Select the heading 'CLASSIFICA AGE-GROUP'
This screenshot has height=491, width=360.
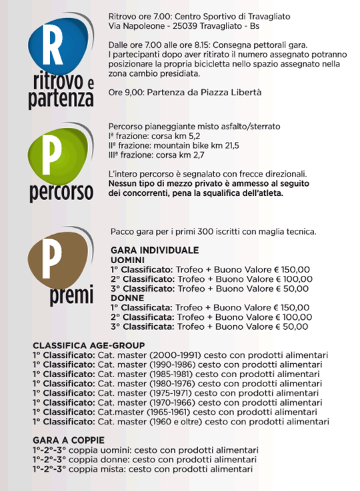coord(89,346)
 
